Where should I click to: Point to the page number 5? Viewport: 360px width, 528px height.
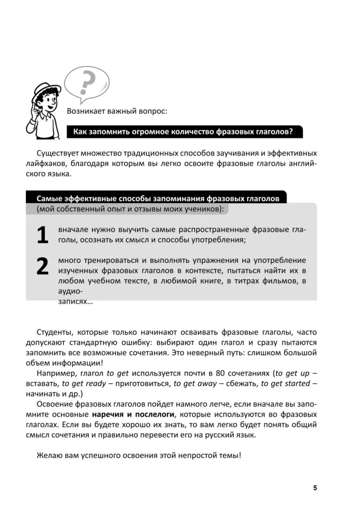(x=315, y=487)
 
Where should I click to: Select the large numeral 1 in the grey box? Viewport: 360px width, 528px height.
(x=43, y=235)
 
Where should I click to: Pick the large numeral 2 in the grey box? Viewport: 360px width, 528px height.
(x=43, y=266)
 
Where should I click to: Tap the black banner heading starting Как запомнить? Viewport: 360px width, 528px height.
(x=184, y=131)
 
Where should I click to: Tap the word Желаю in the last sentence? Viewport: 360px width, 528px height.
(x=50, y=455)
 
